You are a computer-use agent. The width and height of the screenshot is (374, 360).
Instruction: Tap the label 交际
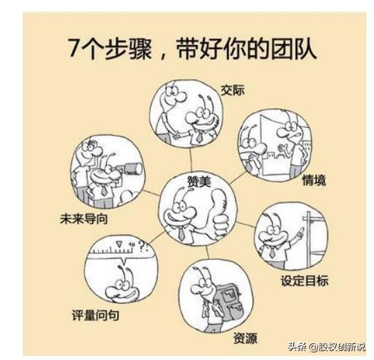pos(232,90)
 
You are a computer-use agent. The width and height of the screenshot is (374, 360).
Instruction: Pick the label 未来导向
pos(86,219)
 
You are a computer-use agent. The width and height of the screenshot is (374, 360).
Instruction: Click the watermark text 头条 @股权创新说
pos(326,346)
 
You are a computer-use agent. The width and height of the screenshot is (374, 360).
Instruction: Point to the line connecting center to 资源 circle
pos(200,251)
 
